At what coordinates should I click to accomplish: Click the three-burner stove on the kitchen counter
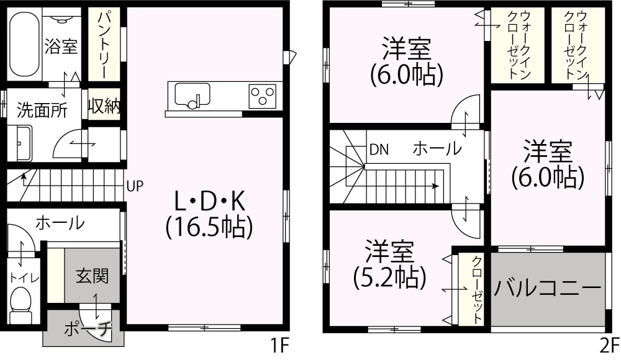(x=262, y=96)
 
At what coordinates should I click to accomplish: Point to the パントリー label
(x=103, y=45)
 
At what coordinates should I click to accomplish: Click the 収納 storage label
(x=104, y=106)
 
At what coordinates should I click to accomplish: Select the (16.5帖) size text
(x=209, y=228)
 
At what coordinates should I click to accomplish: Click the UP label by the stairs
(x=135, y=186)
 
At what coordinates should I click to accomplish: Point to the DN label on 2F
(x=379, y=150)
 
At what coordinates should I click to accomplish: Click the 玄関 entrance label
(x=93, y=276)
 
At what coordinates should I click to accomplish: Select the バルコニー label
(x=548, y=288)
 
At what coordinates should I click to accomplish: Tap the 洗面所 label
(x=42, y=110)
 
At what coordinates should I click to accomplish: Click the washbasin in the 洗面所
(x=20, y=143)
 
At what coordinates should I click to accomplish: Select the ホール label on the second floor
(x=437, y=148)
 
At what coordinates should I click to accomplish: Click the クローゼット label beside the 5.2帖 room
(x=478, y=290)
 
